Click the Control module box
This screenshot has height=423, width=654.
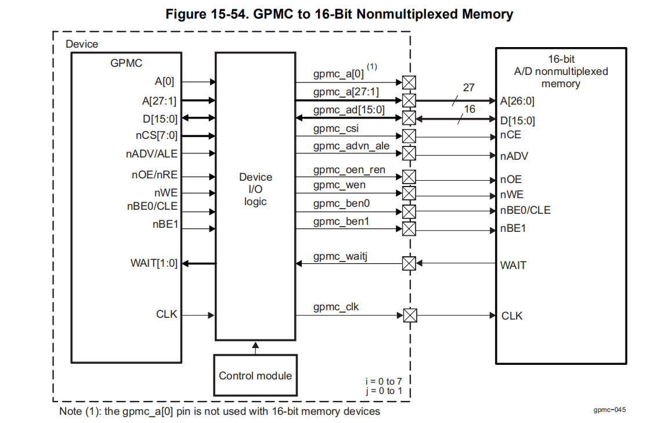pyautogui.click(x=255, y=375)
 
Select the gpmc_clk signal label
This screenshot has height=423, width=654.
pyautogui.click(x=336, y=306)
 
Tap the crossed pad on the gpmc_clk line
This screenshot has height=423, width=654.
pyautogui.click(x=410, y=316)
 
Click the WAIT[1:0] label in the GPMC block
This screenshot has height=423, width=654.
pyautogui.click(x=154, y=263)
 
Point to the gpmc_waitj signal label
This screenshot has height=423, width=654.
pyautogui.click(x=341, y=256)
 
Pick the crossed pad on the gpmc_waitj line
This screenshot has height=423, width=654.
pyautogui.click(x=410, y=264)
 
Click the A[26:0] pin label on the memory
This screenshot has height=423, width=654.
pyautogui.click(x=518, y=101)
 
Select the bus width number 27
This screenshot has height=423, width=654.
pyautogui.click(x=469, y=88)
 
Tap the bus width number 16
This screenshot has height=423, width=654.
pyautogui.click(x=469, y=109)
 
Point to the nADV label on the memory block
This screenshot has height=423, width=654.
pyautogui.click(x=514, y=156)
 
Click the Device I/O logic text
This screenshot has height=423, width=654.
pyautogui.click(x=255, y=189)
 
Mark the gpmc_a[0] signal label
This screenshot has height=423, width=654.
pyautogui.click(x=338, y=74)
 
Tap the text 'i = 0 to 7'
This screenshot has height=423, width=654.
pyautogui.click(x=384, y=381)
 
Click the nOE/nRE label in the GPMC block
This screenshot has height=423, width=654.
pyautogui.click(x=154, y=175)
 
